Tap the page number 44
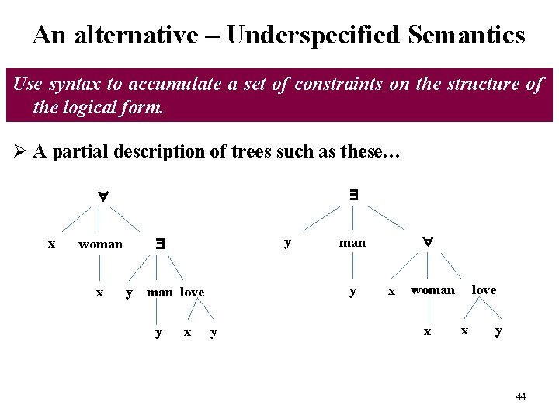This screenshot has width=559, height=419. coord(520,396)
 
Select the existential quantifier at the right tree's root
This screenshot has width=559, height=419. coord(353,195)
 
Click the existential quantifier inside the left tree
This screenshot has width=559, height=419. coord(160,243)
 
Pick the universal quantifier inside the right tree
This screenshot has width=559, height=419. coord(427,242)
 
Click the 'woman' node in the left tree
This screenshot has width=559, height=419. coord(101,244)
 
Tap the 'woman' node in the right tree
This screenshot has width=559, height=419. coord(432,290)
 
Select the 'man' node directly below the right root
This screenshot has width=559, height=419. coord(352,243)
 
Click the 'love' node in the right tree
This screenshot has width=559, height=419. coord(484,290)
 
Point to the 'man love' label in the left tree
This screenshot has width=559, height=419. coord(175,293)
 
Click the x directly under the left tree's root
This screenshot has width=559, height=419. coord(51,244)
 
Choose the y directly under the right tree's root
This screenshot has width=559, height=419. coord(287,242)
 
